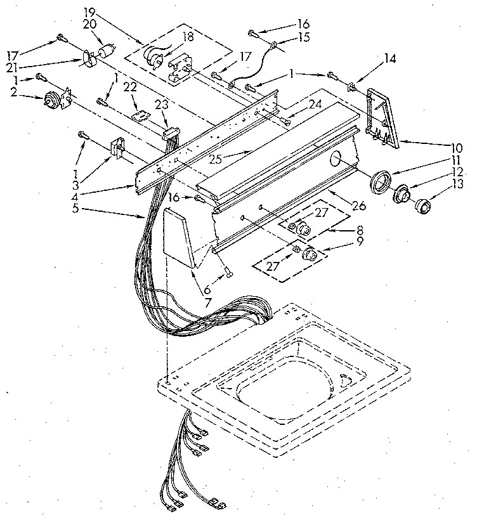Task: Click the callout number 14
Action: (x=389, y=58)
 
